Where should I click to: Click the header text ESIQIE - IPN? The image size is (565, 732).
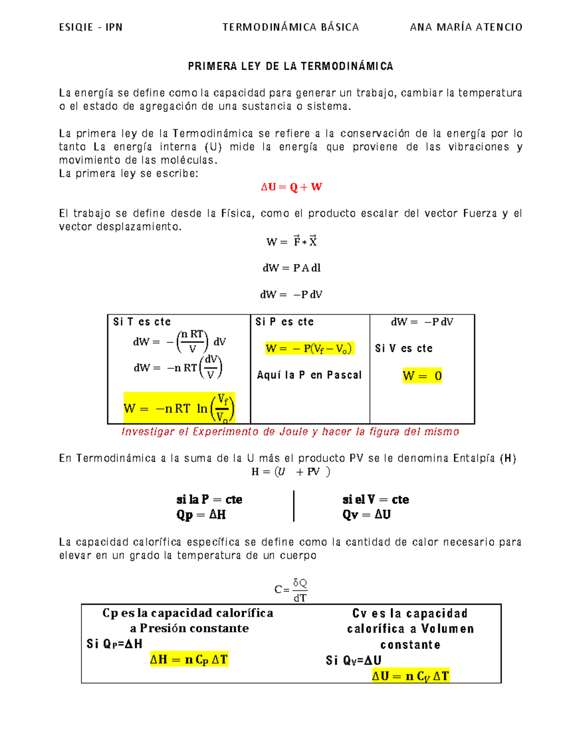90,27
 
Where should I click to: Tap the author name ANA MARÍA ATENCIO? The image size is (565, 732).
466,27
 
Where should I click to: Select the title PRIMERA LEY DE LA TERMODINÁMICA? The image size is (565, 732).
291,66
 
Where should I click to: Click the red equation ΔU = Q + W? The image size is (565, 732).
291,187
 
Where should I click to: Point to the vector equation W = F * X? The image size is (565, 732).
291,241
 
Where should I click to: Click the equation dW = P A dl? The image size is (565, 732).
291,268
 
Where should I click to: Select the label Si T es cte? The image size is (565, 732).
142,322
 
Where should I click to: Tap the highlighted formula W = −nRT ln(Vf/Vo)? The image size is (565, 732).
179,408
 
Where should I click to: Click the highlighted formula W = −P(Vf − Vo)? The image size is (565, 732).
309,348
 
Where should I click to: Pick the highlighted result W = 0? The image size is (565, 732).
422,376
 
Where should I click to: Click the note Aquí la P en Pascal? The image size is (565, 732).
309,375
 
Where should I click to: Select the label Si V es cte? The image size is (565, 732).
404,348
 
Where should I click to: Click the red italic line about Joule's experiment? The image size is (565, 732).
290,432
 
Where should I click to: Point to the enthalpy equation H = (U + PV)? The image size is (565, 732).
291,471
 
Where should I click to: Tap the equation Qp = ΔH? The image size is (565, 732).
201,515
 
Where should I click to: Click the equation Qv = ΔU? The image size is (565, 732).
366,515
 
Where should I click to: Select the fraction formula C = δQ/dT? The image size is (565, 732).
291,590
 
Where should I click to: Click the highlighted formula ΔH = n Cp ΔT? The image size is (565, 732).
189,659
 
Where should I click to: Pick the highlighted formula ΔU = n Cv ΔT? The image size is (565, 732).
411,676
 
